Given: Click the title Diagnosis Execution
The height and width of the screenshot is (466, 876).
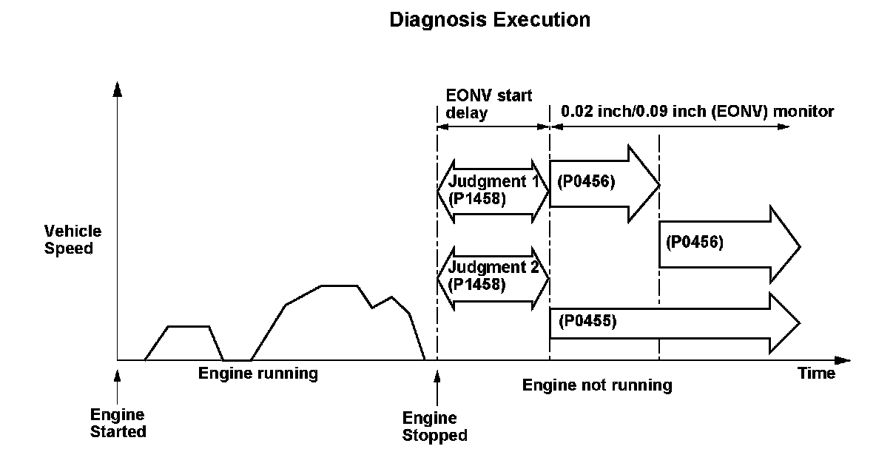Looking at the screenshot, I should tap(490, 20).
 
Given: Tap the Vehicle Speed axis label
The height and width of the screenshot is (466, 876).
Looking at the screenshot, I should tap(73, 240).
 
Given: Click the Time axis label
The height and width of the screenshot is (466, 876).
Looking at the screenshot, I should tap(816, 374).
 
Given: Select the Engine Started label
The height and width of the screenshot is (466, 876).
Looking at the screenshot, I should tap(118, 422).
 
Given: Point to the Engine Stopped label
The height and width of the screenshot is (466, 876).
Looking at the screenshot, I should tap(435, 427).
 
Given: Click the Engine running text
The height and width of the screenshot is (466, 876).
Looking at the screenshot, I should tap(257, 374).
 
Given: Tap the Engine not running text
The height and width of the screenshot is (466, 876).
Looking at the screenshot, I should tap(597, 385).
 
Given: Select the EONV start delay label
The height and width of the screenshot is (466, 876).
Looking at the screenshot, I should tap(488, 104).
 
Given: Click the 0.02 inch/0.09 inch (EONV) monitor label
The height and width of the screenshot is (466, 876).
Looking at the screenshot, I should tap(698, 112).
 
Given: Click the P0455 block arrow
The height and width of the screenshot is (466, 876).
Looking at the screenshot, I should tap(673, 323).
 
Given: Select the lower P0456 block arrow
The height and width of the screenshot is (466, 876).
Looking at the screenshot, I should tap(729, 244).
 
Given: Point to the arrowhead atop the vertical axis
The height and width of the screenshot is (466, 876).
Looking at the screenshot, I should tap(117, 89).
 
